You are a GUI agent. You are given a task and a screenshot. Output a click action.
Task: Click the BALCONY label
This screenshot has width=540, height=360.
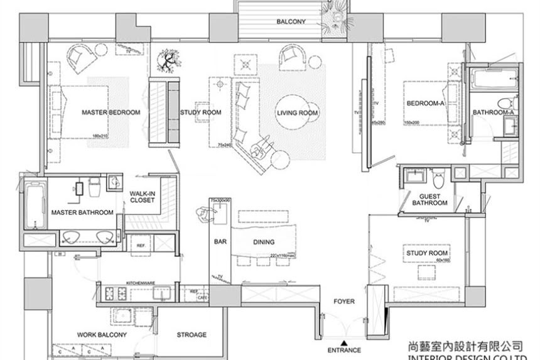tap(291, 22)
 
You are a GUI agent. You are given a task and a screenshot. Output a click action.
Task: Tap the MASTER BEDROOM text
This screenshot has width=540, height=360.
tap(111, 112)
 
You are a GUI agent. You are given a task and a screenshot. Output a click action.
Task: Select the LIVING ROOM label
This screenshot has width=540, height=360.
tap(298, 113)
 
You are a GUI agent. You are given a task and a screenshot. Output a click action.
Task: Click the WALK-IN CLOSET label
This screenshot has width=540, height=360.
tap(143, 197)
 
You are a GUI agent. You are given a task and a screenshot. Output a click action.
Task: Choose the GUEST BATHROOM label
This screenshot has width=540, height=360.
tap(429, 200)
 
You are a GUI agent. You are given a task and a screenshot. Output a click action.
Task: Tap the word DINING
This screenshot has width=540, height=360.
tap(264, 241)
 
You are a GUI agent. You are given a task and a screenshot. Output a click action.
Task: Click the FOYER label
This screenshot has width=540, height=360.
tap(344, 302)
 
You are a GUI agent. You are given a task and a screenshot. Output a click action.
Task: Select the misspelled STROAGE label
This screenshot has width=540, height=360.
tap(192, 335)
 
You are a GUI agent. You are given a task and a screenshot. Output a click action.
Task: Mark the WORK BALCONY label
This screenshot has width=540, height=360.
tap(102, 335)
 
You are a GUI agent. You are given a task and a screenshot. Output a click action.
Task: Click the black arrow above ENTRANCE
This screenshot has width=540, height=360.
tap(343, 340)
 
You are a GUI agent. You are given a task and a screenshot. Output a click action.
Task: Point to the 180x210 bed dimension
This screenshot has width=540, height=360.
tap(100, 136)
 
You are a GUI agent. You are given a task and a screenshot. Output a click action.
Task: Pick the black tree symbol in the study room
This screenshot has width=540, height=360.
tap(168, 61)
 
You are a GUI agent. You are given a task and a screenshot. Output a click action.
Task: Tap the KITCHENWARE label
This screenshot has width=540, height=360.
tap(139, 283)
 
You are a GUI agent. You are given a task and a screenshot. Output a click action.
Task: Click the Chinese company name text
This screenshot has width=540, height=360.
tap(465, 346)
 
